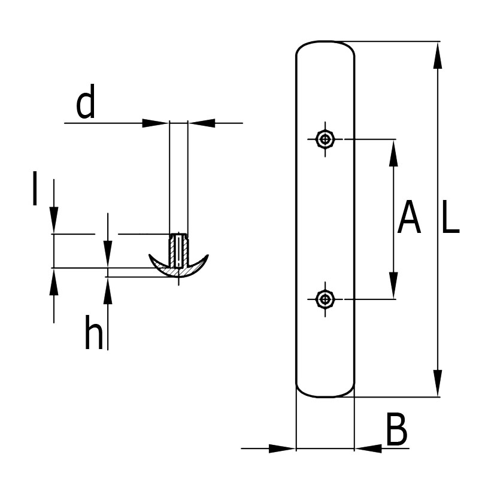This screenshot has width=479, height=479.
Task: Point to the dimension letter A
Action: pyautogui.click(x=410, y=219)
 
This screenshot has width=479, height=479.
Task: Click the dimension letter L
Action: pyautogui.click(x=450, y=219)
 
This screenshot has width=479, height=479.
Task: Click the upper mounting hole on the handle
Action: pyautogui.click(x=325, y=140)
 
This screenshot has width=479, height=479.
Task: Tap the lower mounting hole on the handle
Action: pyautogui.click(x=325, y=298)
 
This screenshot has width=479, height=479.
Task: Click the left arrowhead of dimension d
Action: pyautogui.click(x=155, y=123)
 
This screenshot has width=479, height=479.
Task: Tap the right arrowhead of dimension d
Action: pyautogui.click(x=202, y=123)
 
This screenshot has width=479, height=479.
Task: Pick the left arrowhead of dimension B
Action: pyautogui.click(x=283, y=448)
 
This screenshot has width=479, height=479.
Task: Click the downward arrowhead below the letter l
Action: pyautogui.click(x=54, y=219)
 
